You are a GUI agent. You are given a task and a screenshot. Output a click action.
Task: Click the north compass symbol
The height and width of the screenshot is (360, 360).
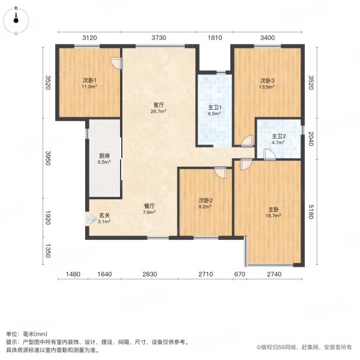pyautogui.click(x=16, y=20)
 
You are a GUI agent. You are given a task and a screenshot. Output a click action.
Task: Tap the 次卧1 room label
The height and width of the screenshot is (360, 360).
pyautogui.click(x=89, y=80)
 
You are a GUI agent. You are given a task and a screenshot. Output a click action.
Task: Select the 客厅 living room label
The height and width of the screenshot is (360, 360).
pyautogui.click(x=158, y=105)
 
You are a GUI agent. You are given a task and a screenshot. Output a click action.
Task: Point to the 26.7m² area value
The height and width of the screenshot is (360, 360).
pyautogui.click(x=158, y=112)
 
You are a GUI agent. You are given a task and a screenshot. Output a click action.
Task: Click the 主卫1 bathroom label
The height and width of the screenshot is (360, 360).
pyautogui.click(x=215, y=107)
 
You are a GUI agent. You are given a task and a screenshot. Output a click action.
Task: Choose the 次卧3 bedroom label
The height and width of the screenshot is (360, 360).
pyautogui.click(x=267, y=80)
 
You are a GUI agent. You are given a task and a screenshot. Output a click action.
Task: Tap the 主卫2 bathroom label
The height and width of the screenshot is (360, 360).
pyautogui.click(x=278, y=136)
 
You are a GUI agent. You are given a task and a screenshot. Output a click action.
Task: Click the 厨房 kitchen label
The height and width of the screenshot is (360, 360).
pyautogui.click(x=104, y=156)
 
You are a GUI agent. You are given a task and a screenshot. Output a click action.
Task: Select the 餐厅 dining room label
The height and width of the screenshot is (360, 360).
pyautogui.click(x=149, y=206)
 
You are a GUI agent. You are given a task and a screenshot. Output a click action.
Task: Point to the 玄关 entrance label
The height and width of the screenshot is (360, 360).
pyautogui.click(x=104, y=215)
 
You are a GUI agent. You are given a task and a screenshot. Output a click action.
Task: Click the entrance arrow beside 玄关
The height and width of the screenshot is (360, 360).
pyautogui.click(x=91, y=218)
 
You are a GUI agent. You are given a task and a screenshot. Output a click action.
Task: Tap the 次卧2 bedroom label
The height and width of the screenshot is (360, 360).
pyautogui.click(x=205, y=200)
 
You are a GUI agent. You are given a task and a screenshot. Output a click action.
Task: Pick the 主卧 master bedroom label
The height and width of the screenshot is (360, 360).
pyautogui.click(x=274, y=209)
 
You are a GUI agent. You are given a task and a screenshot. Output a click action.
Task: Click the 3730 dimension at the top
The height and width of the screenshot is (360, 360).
pyautogui.click(x=158, y=37)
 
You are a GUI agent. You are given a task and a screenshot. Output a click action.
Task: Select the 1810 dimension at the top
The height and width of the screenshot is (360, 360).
pyautogui.click(x=215, y=37)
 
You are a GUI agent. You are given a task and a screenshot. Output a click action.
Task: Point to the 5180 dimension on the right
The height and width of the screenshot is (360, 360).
pyautogui.click(x=311, y=211)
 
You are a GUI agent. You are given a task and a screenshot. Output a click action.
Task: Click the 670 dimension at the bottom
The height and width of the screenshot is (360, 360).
pyautogui.click(x=239, y=274)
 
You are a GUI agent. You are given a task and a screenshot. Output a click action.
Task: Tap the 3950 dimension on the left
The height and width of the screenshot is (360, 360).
pyautogui.click(x=47, y=158)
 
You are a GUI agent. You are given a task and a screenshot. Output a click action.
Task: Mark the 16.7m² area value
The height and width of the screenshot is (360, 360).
pyautogui.click(x=273, y=215)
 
